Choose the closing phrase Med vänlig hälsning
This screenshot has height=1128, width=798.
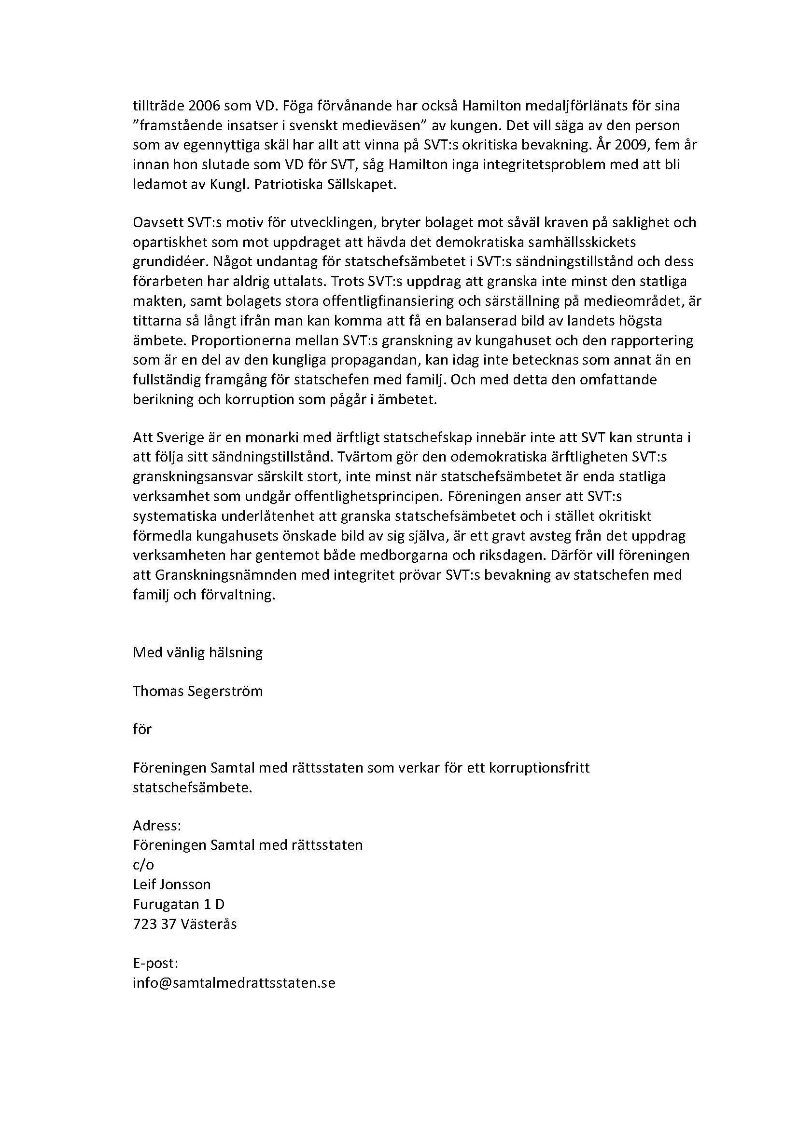(x=197, y=653)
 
